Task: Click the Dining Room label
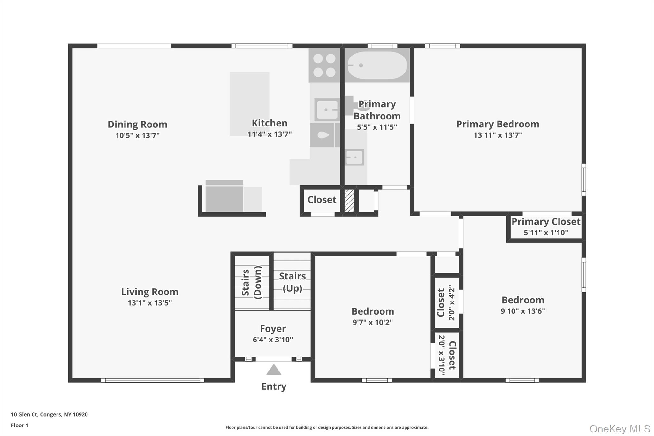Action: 137,124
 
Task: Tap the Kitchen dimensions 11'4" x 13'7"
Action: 270,134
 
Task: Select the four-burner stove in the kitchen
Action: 324,65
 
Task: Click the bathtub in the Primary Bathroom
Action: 377,65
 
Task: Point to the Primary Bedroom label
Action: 498,124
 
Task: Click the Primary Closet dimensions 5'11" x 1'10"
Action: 546,233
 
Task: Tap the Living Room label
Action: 149,292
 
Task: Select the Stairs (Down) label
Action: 252,282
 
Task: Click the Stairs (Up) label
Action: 293,282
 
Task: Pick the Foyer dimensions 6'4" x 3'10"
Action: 273,340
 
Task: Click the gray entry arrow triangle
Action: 274,370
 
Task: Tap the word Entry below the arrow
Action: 274,386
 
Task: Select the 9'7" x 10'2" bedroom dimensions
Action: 372,322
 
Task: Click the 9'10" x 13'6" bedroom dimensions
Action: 523,311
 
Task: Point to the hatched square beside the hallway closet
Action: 349,201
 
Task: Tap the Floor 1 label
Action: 20,425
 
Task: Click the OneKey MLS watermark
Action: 620,429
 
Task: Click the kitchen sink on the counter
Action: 326,110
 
